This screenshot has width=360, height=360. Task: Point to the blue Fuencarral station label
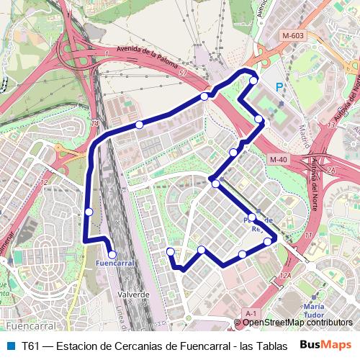point(115,264)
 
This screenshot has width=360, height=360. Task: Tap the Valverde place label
point(133,294)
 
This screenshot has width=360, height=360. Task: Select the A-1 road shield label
point(251,314)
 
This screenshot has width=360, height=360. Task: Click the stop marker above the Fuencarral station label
point(112,253)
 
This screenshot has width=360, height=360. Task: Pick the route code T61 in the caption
point(30,345)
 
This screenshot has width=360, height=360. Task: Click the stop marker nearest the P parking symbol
point(253,81)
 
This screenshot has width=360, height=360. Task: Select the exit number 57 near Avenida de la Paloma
point(183,73)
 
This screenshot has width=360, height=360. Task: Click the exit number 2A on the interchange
point(330,171)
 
